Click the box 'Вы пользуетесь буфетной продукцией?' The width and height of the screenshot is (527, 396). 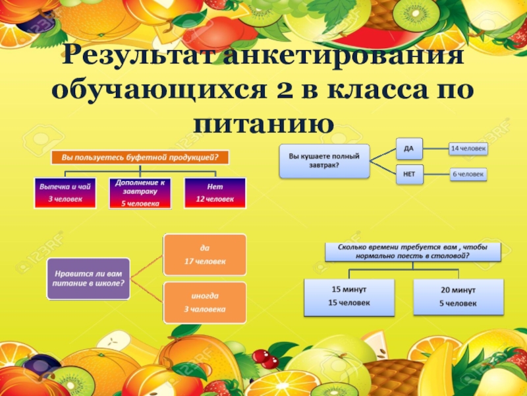click(x=141, y=158)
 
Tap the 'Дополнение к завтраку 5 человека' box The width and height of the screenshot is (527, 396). click(x=140, y=193)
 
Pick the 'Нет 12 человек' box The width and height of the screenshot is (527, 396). click(x=215, y=192)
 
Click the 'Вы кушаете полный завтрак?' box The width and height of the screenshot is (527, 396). click(x=324, y=160)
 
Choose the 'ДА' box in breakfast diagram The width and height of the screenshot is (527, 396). click(x=409, y=148)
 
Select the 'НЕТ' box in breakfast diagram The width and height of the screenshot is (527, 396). click(x=409, y=175)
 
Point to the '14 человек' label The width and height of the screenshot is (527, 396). click(x=469, y=149)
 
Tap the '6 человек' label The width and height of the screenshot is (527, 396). click(x=469, y=175)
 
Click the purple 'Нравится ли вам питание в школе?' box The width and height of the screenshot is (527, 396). click(x=88, y=278)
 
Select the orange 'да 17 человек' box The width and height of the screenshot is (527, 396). click(x=204, y=254)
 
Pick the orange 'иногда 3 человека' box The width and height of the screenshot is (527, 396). click(x=204, y=302)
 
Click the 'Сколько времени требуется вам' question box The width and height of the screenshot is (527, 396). click(x=413, y=251)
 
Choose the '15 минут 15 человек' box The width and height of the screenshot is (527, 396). click(x=349, y=296)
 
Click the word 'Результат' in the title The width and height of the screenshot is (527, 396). click(x=138, y=58)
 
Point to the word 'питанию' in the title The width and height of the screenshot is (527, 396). click(x=263, y=121)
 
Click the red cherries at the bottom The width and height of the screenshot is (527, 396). click(x=265, y=359)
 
